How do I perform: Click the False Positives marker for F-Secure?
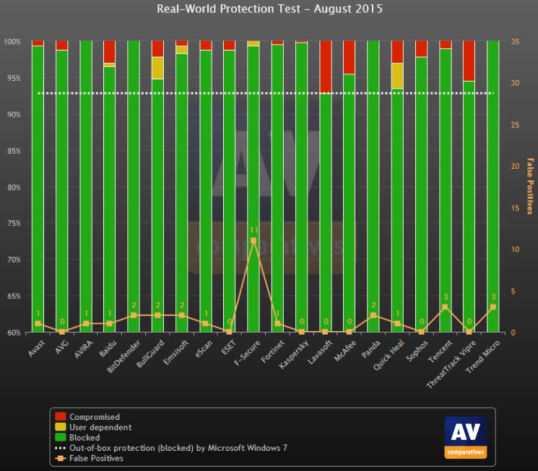coord(253,240)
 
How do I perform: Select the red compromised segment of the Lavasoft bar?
coord(326,66)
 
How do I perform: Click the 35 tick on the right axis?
coord(514,42)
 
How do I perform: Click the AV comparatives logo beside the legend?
coord(465,437)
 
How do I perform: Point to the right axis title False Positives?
coord(529,186)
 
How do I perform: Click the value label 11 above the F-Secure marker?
coord(253,229)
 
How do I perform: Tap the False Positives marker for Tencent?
coord(446,307)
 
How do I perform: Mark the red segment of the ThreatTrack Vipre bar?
coord(469,61)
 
